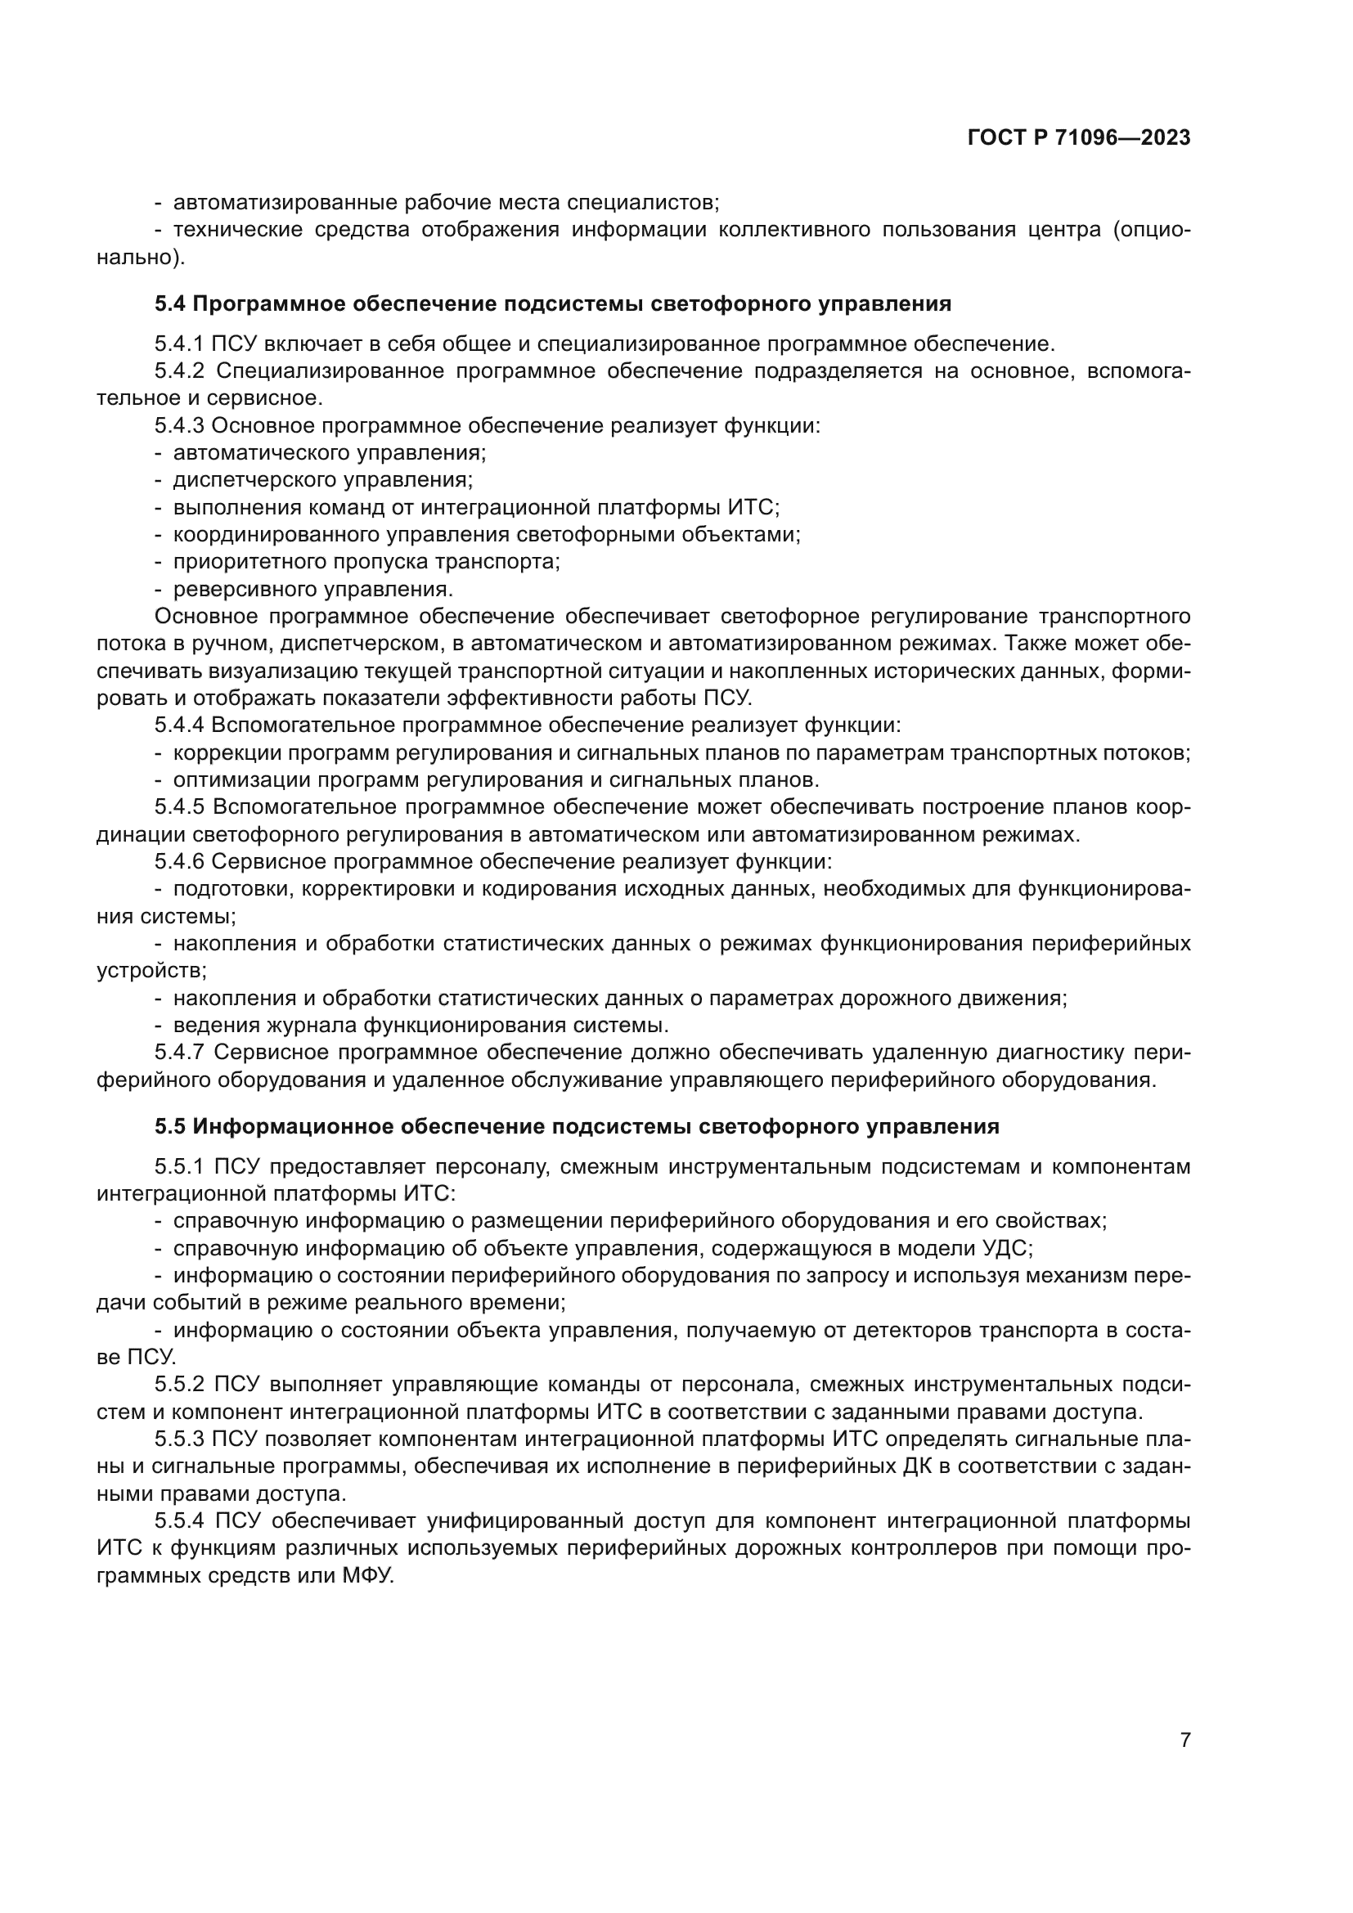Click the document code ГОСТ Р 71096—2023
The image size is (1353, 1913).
(1079, 138)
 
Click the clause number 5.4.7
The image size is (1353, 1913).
(179, 1053)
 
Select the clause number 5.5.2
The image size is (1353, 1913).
(179, 1384)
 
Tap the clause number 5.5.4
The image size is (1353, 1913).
(179, 1520)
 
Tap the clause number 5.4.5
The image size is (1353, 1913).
(179, 806)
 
